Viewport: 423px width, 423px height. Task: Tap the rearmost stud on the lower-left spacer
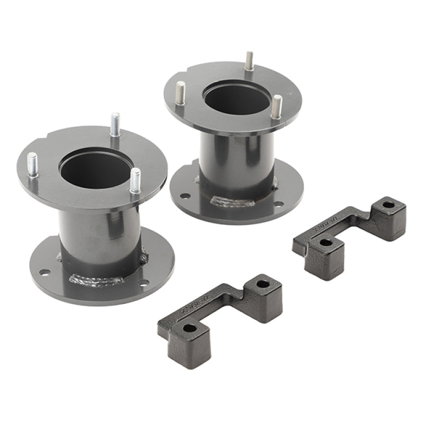(115, 125)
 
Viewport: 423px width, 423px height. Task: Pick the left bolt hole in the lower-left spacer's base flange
(44, 272)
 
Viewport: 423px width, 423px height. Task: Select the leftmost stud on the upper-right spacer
(181, 94)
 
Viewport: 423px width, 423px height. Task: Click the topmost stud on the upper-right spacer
(249, 61)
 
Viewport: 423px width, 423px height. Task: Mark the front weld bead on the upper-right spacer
(225, 201)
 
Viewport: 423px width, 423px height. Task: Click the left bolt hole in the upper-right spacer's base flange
(185, 196)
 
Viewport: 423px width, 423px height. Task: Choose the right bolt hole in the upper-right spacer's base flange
(277, 204)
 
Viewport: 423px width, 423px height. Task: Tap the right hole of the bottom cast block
(262, 284)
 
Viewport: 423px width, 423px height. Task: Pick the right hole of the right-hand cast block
(389, 204)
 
